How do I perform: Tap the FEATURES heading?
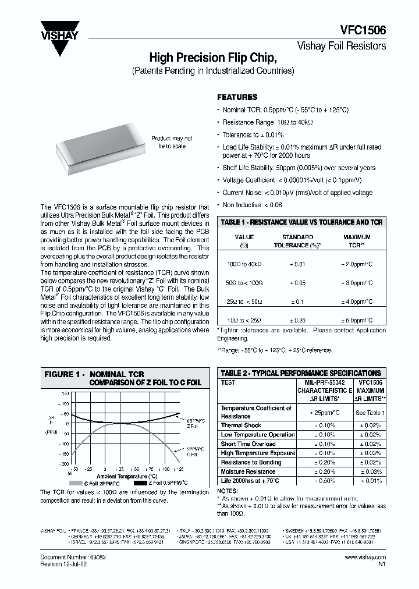(237, 97)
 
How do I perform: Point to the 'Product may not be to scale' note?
(172, 143)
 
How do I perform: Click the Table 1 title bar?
(301, 222)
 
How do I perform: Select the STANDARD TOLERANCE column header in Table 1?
(297, 241)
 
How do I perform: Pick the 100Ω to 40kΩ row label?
(244, 264)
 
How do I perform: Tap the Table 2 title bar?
(301, 373)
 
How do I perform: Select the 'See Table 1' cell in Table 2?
(369, 412)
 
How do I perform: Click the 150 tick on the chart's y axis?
(65, 393)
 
